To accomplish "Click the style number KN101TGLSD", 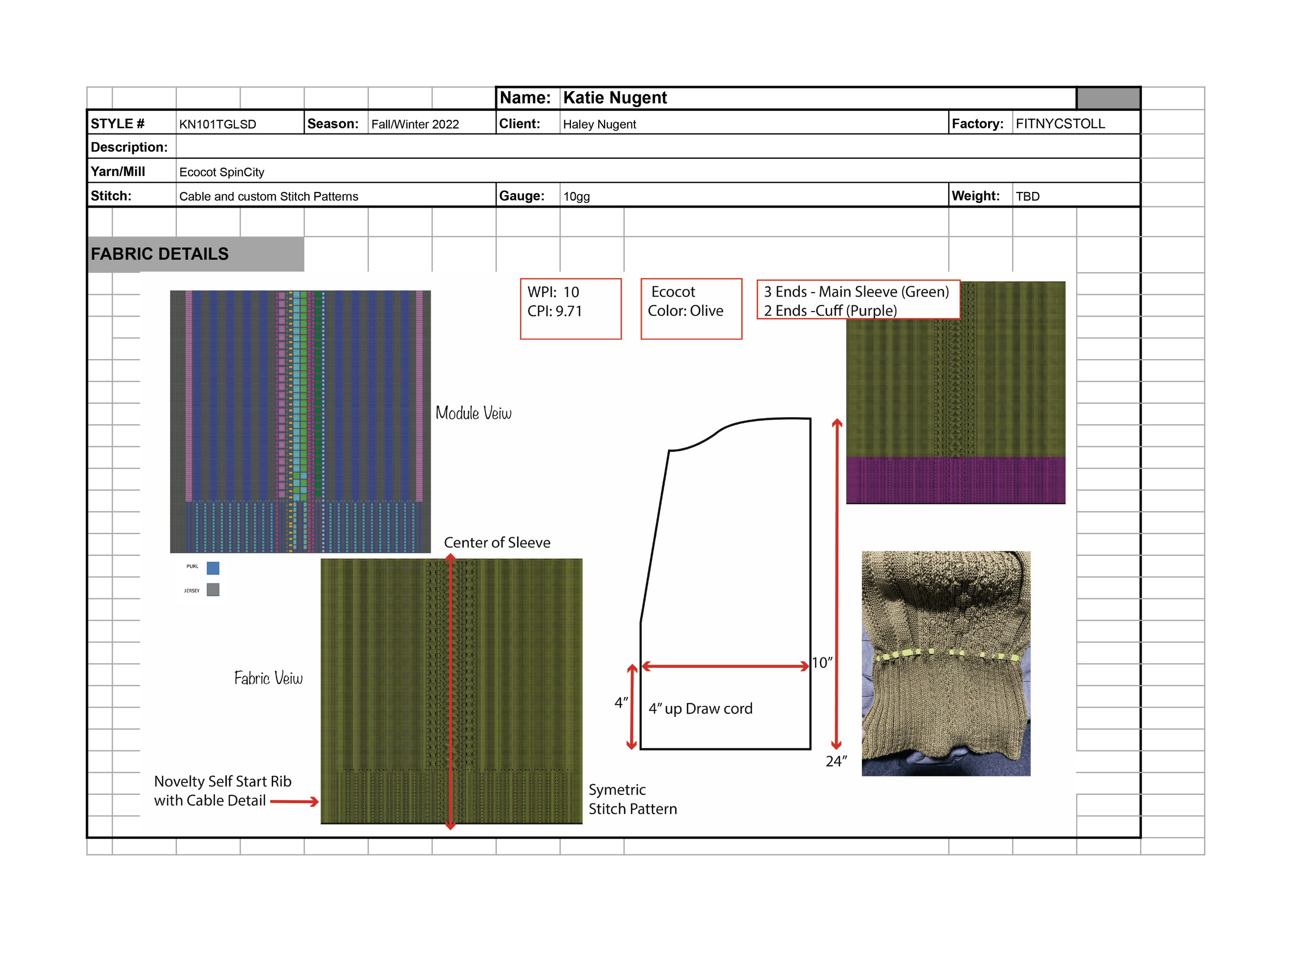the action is click(217, 124).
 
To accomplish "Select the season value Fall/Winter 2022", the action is click(415, 124).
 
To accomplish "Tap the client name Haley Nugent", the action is click(599, 124).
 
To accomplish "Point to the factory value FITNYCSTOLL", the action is click(1060, 124).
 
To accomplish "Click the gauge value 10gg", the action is click(577, 197).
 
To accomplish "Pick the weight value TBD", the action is click(1028, 197).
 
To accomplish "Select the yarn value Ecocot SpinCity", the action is click(222, 172).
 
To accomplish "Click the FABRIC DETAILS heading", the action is click(160, 254).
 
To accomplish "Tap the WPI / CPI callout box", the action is click(570, 309).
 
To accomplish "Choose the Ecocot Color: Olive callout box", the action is click(691, 309).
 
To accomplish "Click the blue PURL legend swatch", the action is click(213, 568).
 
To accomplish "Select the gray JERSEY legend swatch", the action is click(213, 590).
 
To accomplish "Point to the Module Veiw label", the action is click(474, 413).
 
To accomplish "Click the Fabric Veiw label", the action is click(268, 678).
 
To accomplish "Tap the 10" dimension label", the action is click(822, 663).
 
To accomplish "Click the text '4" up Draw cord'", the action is click(700, 709).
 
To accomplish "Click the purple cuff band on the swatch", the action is click(955, 480).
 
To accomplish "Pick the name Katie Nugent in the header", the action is click(614, 98).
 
